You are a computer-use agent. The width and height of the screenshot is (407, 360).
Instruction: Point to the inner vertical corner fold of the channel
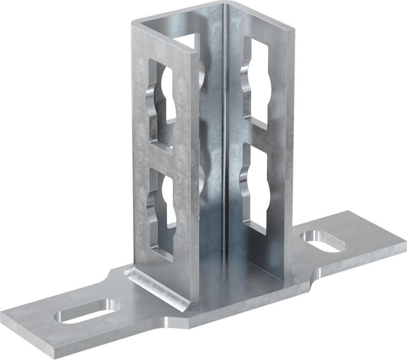(x=226, y=141)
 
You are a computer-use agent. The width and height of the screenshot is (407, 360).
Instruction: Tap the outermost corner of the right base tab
(x=402, y=243)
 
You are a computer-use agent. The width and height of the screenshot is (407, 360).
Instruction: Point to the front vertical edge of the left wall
(x=196, y=170)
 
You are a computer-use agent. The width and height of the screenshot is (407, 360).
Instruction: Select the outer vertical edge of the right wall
(x=292, y=158)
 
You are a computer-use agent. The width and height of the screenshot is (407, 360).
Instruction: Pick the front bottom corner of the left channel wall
(x=195, y=308)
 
